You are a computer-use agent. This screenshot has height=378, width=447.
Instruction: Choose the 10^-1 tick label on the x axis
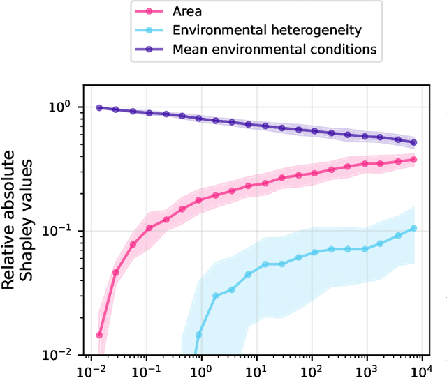(x=147, y=369)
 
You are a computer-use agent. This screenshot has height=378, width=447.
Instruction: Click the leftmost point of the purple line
(x=99, y=107)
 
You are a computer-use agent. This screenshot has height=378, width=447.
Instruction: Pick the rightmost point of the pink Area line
(x=414, y=160)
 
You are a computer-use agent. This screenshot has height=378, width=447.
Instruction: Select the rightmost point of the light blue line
(x=414, y=228)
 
